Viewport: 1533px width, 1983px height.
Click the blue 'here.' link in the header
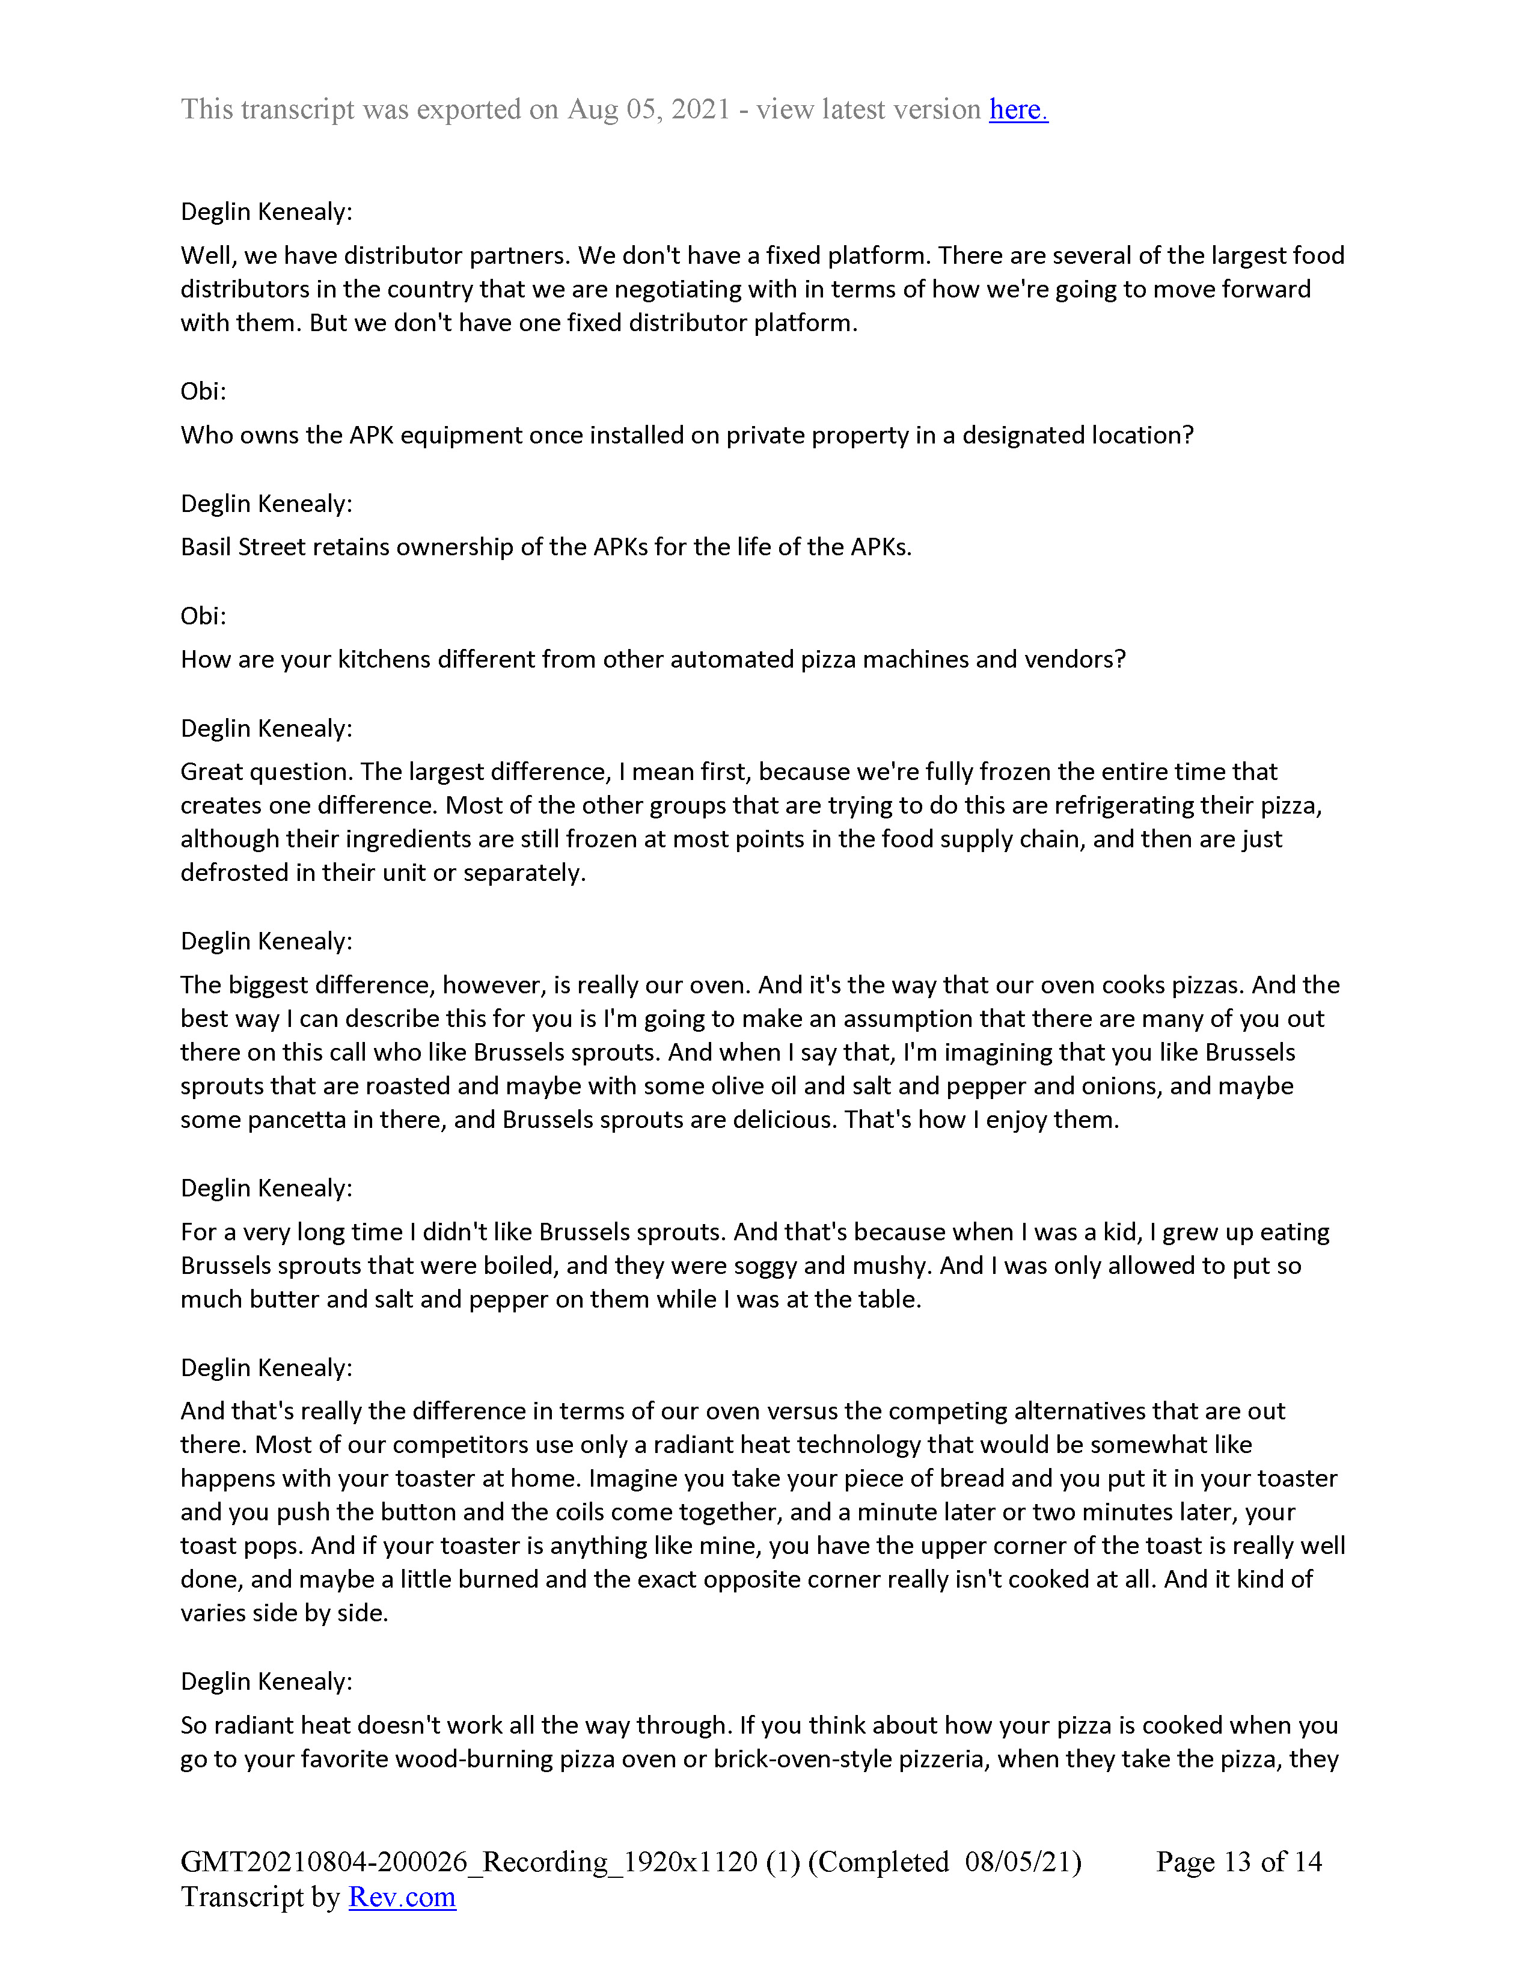click(1018, 110)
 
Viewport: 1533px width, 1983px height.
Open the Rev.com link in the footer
click(402, 1896)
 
